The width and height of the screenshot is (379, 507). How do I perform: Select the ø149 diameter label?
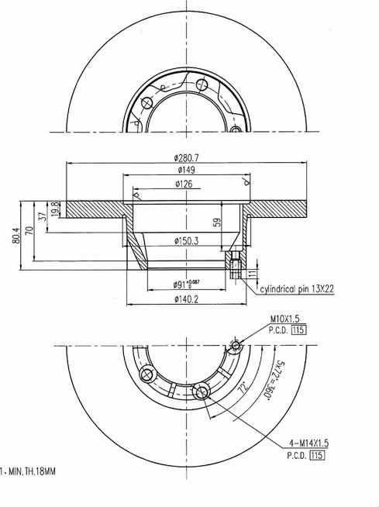click(185, 171)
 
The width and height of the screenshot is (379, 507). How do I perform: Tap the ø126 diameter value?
click(185, 185)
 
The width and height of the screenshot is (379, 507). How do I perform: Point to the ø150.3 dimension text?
click(186, 241)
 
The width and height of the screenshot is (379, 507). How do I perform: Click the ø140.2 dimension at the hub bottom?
click(187, 299)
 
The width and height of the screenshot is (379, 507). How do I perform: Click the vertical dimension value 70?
click(29, 230)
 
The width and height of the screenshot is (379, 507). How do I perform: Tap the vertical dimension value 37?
click(43, 219)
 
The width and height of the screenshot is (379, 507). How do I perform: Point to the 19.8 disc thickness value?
click(56, 209)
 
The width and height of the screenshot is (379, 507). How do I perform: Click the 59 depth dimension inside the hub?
click(217, 222)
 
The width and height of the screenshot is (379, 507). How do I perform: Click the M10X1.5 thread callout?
click(285, 319)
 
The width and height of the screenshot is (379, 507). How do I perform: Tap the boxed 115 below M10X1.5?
click(298, 329)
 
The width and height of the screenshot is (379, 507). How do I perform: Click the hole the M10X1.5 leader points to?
click(236, 346)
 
